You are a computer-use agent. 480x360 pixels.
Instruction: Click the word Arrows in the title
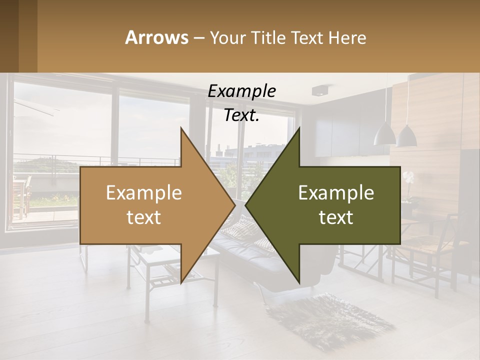click(156, 37)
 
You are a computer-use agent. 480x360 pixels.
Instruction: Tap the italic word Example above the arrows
click(241, 91)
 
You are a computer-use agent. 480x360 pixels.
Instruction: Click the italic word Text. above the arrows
click(241, 115)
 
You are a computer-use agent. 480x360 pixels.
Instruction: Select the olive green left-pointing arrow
click(330, 205)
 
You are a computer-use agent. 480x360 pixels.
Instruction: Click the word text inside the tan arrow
click(143, 217)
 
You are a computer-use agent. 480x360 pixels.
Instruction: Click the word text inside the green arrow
click(336, 217)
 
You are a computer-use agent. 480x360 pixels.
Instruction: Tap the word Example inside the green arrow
click(336, 193)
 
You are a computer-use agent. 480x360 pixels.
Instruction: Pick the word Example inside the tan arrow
click(143, 193)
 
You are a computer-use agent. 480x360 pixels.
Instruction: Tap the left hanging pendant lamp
click(385, 135)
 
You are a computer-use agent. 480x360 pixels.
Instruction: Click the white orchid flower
click(408, 177)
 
